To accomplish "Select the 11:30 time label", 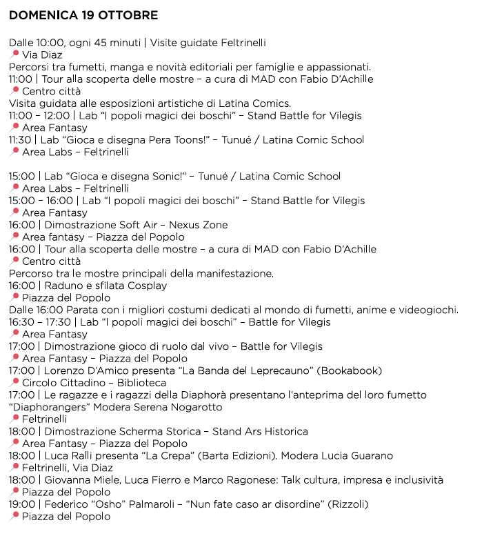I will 21,139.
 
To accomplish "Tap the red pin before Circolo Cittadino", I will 14,383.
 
